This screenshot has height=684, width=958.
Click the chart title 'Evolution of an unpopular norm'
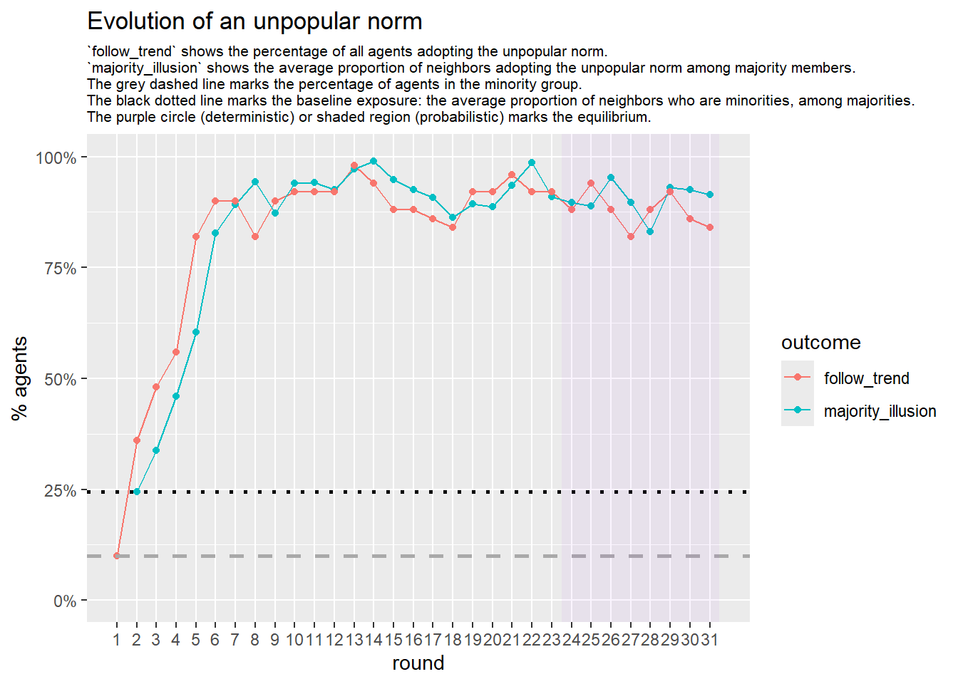point(254,21)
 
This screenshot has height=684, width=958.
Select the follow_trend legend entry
point(866,378)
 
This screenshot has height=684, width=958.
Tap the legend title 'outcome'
point(820,343)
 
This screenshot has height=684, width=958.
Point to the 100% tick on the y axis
point(56,157)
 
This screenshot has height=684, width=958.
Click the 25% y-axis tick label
point(60,491)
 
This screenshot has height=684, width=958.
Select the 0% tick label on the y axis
point(64,601)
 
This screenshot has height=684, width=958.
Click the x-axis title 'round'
point(418,663)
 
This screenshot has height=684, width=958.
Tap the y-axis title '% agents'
point(20,378)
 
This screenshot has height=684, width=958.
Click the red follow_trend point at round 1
point(117,556)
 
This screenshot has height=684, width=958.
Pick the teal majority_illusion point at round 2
point(137,492)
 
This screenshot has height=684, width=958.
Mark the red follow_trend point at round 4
point(176,352)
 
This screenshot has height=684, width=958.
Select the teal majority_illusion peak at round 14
point(374,161)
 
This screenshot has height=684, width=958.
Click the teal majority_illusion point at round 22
point(532,162)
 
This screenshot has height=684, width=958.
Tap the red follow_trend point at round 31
point(710,227)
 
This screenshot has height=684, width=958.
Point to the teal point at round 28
point(650,232)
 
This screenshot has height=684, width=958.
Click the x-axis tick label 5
point(195,640)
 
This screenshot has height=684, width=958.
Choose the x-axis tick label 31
point(709,640)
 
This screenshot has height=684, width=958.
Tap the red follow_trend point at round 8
point(255,237)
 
